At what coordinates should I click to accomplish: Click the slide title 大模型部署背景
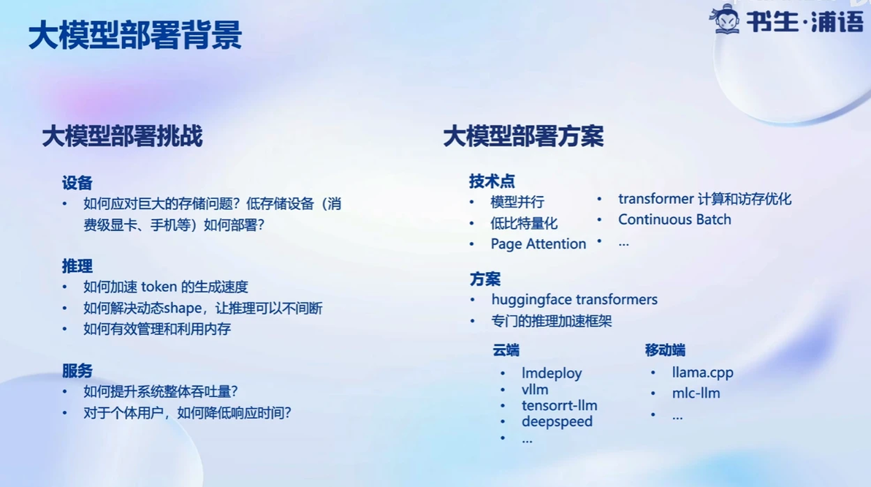pyautogui.click(x=135, y=35)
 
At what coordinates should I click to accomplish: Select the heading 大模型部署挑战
pyautogui.click(x=122, y=136)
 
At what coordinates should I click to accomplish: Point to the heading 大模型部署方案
pyautogui.click(x=523, y=136)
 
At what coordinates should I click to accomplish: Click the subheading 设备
pyautogui.click(x=77, y=182)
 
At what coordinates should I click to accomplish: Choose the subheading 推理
pyautogui.click(x=77, y=265)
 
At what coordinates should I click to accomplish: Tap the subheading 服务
pyautogui.click(x=77, y=370)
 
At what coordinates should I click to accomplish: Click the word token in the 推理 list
pyautogui.click(x=159, y=287)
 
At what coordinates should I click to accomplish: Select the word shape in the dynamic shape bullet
pyautogui.click(x=183, y=309)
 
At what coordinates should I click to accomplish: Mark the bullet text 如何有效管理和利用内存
pyautogui.click(x=157, y=329)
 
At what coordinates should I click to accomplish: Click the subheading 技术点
pyautogui.click(x=492, y=181)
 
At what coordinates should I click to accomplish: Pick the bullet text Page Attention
pyautogui.click(x=539, y=244)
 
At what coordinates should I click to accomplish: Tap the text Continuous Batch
pyautogui.click(x=674, y=219)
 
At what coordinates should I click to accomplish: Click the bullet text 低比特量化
pyautogui.click(x=524, y=224)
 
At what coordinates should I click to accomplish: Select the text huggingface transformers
pyautogui.click(x=574, y=300)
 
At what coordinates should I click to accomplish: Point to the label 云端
pyautogui.click(x=506, y=350)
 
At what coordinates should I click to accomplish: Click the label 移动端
pyautogui.click(x=665, y=350)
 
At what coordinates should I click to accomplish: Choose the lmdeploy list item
pyautogui.click(x=552, y=373)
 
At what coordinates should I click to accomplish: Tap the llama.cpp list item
pyautogui.click(x=703, y=372)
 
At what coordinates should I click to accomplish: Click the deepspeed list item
pyautogui.click(x=557, y=421)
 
